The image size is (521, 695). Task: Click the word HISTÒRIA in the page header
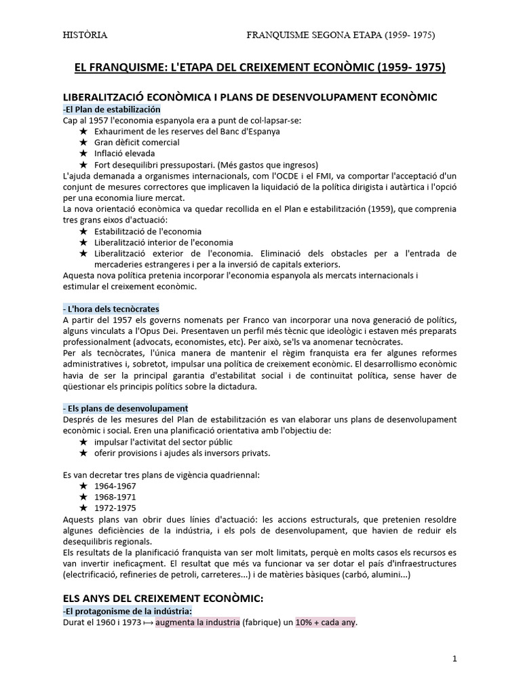[x=85, y=35]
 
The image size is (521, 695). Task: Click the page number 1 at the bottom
[x=455, y=658]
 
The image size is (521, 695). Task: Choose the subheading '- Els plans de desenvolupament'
[x=126, y=408]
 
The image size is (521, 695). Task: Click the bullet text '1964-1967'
[x=115, y=486]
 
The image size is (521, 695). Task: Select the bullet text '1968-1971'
[x=115, y=497]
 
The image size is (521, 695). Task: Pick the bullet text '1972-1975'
[x=115, y=508]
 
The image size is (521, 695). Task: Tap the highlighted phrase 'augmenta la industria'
[x=197, y=622]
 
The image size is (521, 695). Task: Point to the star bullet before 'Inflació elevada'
[x=83, y=153]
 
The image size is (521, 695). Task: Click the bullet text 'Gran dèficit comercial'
[x=137, y=143]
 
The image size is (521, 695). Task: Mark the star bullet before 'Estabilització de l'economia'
[x=83, y=231]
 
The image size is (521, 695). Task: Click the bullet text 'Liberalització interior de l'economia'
[x=163, y=242]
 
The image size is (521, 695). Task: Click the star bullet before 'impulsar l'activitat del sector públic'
[x=83, y=442]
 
